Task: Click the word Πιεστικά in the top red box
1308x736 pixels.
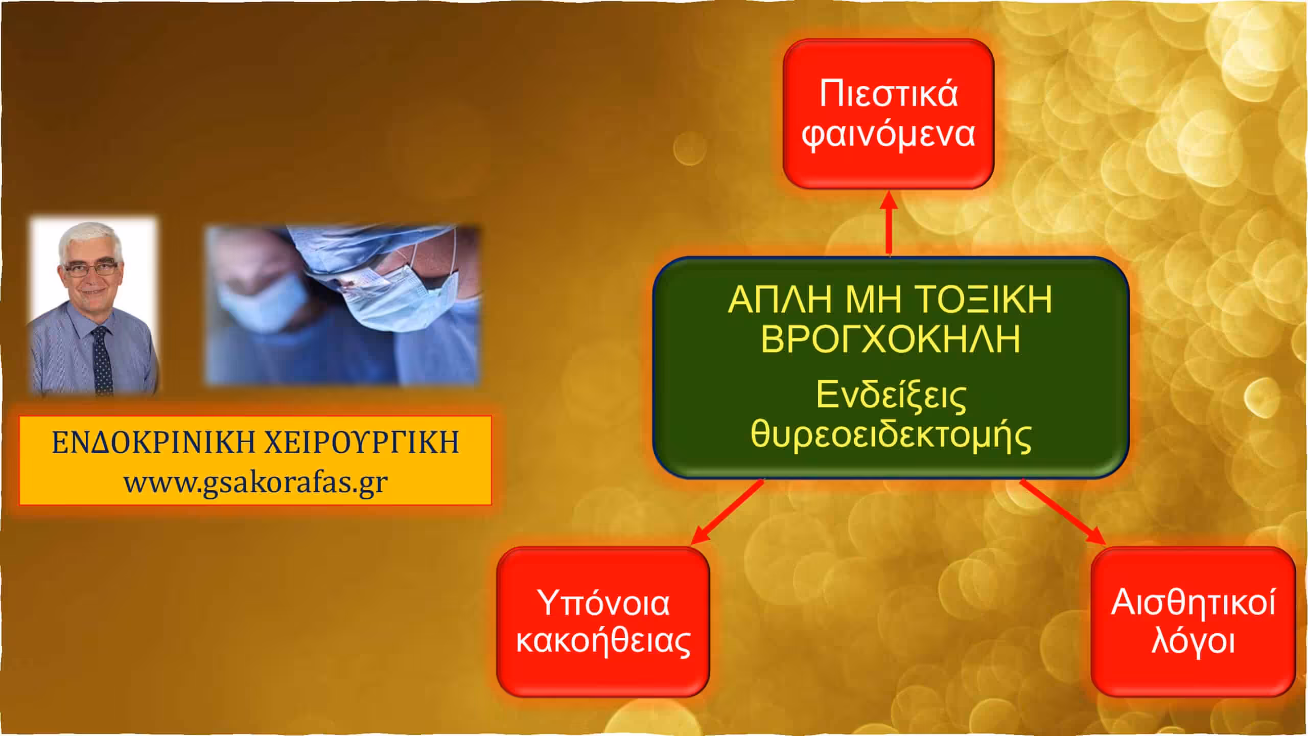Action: pos(889,94)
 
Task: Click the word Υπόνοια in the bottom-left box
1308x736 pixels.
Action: pos(603,604)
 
